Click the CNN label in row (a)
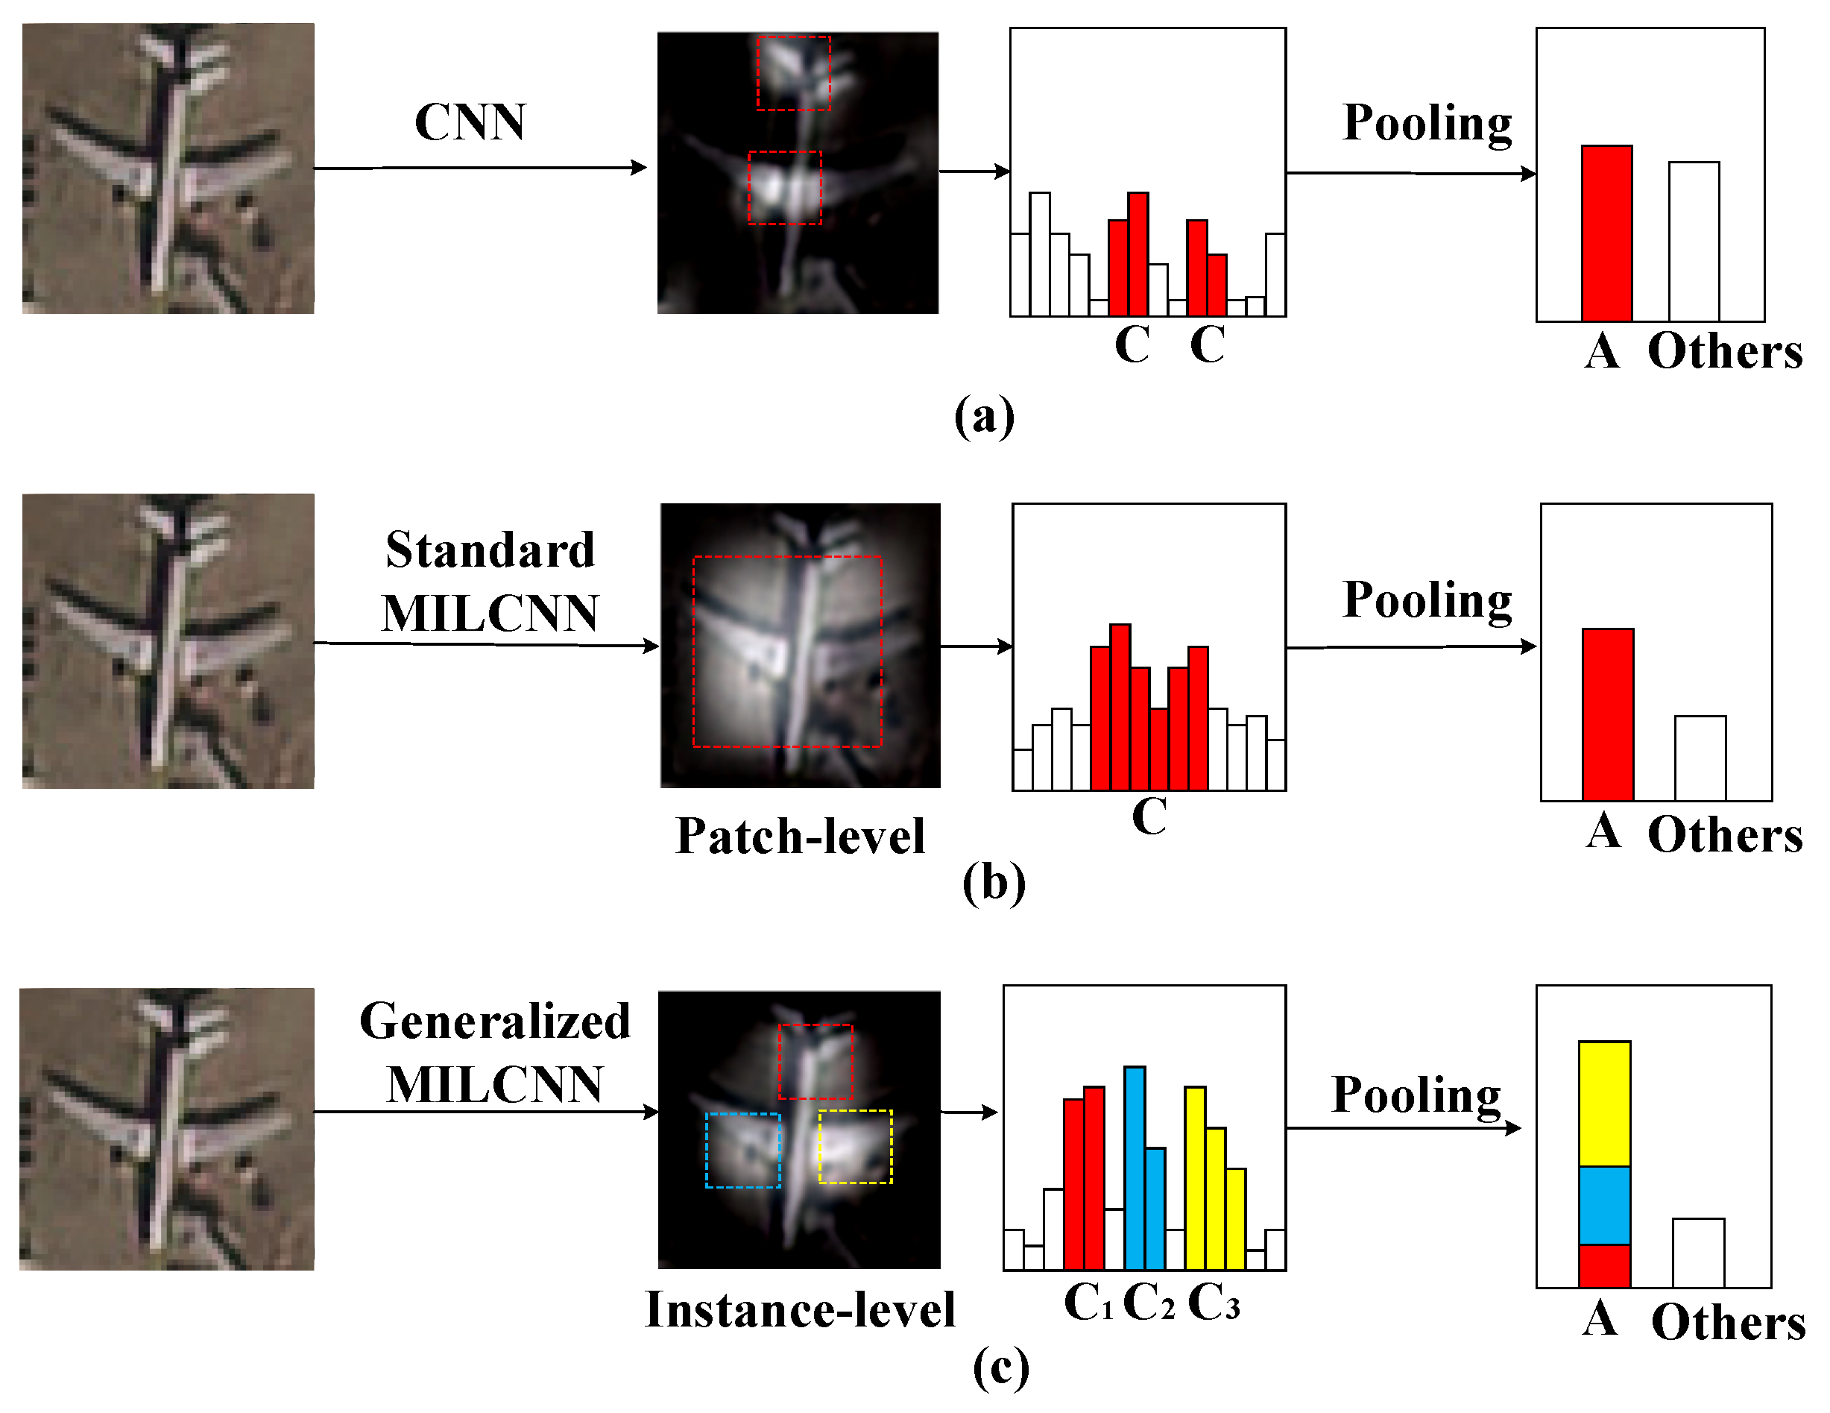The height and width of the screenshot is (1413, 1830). [x=470, y=122]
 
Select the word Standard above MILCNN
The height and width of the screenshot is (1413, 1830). [x=490, y=550]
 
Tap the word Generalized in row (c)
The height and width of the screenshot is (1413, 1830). [x=494, y=1022]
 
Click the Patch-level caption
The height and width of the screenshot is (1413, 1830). [x=801, y=837]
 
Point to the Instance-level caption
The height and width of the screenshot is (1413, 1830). [x=801, y=1310]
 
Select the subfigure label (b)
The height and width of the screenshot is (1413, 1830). [x=994, y=883]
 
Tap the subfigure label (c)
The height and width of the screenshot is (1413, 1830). [x=1000, y=1368]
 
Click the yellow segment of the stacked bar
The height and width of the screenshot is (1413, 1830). [x=1603, y=1104]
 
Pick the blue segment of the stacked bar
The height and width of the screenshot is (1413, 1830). [x=1603, y=1205]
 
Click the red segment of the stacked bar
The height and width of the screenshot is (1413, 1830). [x=1603, y=1265]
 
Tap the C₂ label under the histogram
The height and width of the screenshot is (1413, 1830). [x=1148, y=1303]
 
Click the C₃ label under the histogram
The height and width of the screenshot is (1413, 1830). [x=1214, y=1303]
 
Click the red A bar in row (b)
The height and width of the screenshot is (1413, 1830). [x=1607, y=714]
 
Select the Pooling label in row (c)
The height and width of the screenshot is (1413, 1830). [x=1416, y=1095]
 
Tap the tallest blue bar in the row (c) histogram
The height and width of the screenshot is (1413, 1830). [x=1135, y=1167]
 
